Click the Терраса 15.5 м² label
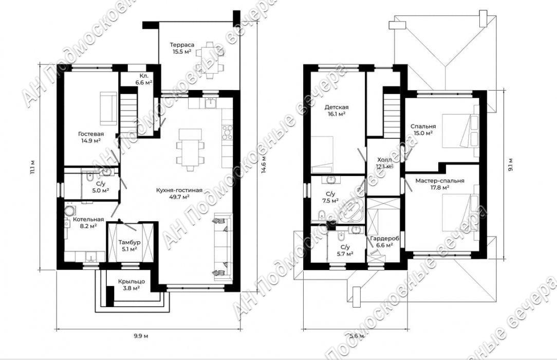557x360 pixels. pos(182,48)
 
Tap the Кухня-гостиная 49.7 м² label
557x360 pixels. pos(179,194)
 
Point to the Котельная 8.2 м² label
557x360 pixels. pos(88,223)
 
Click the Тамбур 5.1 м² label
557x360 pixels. pos(129,245)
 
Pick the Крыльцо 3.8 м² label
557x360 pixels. pos(132,285)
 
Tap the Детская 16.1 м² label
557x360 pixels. pos(337,110)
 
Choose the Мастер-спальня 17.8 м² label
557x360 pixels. pos(440,184)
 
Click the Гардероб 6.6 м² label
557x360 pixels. pos(384,242)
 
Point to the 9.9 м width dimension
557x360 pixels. pos(141,336)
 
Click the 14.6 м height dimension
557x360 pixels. pos(264,166)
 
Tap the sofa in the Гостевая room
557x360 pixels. pos(108,109)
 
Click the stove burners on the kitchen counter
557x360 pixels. pos(227,133)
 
